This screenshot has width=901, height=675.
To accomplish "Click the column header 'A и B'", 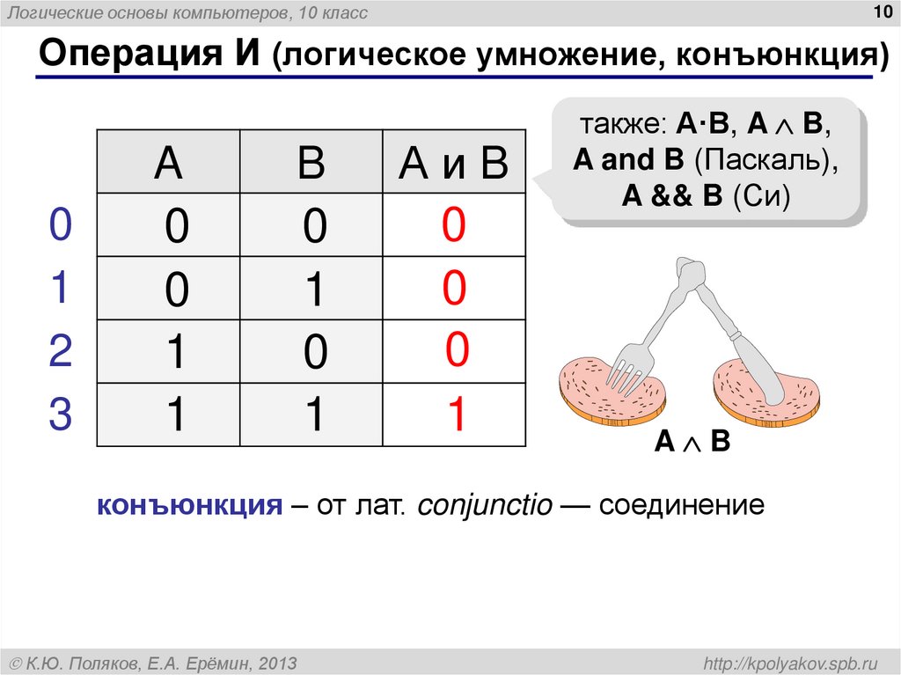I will click(x=453, y=164).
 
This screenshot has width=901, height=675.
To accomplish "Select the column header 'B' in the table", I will click(x=311, y=164).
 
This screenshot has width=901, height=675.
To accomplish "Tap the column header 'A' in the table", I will click(x=168, y=164).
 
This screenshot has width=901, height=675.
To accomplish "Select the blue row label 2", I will click(x=60, y=352).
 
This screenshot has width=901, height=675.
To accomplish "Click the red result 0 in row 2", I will click(x=457, y=350).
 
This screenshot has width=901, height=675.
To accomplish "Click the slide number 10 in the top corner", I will click(x=880, y=11).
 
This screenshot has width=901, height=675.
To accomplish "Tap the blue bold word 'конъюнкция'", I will click(x=188, y=506).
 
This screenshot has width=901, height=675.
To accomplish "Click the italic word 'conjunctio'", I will click(x=485, y=506).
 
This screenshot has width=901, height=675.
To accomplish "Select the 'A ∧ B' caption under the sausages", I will click(x=692, y=442).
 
